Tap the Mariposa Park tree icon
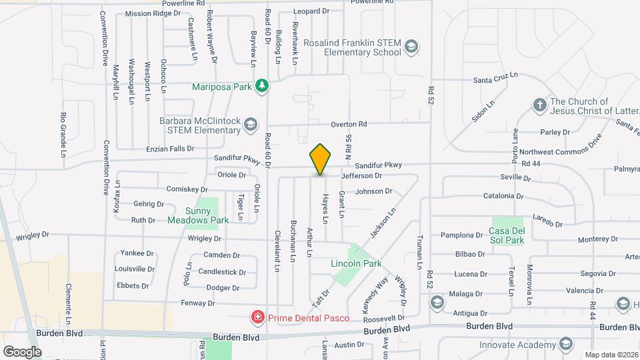[x=263, y=86]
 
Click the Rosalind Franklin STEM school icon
[x=412, y=47]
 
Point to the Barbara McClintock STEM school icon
[x=250, y=125]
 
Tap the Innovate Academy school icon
[x=566, y=344]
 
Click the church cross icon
[x=539, y=105]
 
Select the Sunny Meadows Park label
[x=198, y=215]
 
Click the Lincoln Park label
[x=356, y=263]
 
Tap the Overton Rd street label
[x=349, y=124]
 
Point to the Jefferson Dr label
[x=361, y=176]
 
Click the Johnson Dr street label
[x=373, y=191]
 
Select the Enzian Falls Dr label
[x=171, y=149]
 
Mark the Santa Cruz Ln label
[x=495, y=80]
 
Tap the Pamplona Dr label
[x=461, y=235]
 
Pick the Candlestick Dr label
[x=222, y=272]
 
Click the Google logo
[x=21, y=351]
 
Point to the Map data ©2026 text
[x=611, y=355]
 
